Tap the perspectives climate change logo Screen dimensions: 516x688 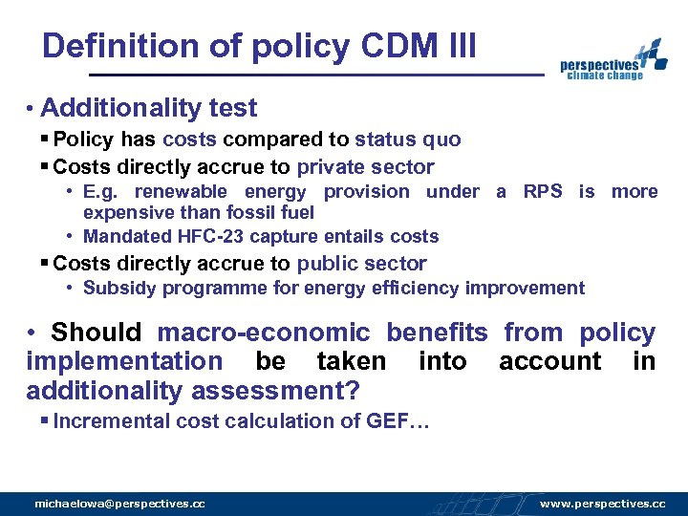[x=613, y=61]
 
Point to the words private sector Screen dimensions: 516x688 [x=365, y=167]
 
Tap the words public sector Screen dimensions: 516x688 [x=362, y=264]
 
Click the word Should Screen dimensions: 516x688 [x=96, y=333]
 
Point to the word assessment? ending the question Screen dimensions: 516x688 [x=276, y=390]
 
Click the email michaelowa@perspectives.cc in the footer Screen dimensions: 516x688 [x=119, y=503]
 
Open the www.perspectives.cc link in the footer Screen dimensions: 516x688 [x=602, y=503]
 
